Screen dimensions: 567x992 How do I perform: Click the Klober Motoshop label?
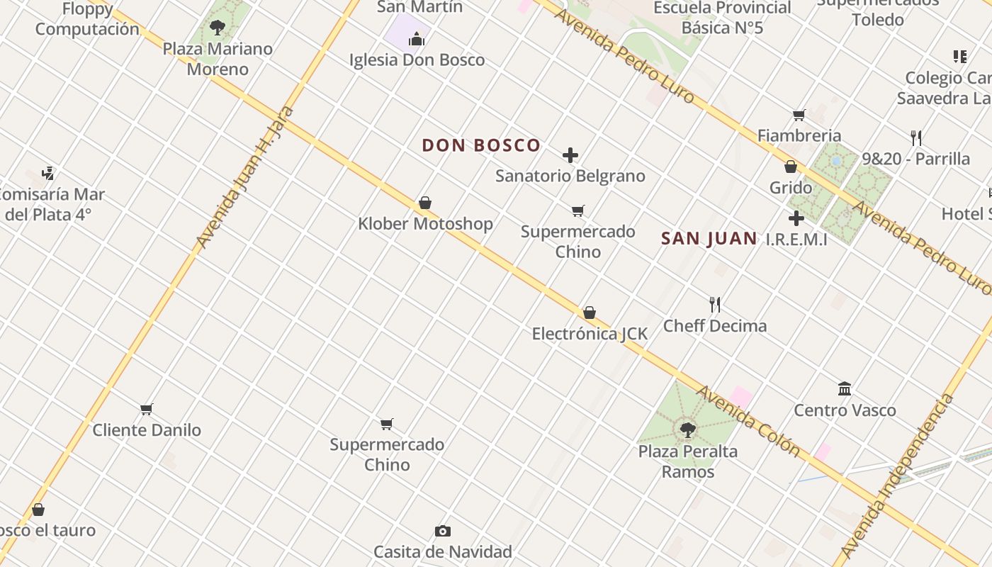(425, 224)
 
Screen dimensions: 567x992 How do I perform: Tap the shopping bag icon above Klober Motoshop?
(425, 203)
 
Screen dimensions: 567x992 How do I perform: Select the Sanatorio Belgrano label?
(570, 176)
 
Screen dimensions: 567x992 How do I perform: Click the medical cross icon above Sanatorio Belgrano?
(570, 155)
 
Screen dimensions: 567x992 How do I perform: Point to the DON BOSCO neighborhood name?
(481, 146)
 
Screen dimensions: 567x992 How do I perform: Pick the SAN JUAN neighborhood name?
(709, 239)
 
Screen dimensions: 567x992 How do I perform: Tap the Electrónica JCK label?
(590, 333)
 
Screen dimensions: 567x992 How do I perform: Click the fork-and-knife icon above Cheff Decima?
(715, 305)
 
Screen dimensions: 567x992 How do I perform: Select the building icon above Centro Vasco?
(845, 388)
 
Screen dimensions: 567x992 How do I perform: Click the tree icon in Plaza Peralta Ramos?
(687, 430)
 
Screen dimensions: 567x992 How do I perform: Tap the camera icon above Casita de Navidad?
(443, 531)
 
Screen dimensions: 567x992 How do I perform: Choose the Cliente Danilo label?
(147, 430)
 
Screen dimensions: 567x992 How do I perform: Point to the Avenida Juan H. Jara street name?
(244, 177)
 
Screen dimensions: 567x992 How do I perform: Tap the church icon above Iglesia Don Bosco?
(417, 39)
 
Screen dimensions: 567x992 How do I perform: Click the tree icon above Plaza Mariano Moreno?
(218, 28)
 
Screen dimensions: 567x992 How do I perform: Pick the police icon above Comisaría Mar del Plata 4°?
(47, 172)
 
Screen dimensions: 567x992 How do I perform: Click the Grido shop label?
(791, 188)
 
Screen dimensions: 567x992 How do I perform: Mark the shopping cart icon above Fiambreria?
(799, 115)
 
